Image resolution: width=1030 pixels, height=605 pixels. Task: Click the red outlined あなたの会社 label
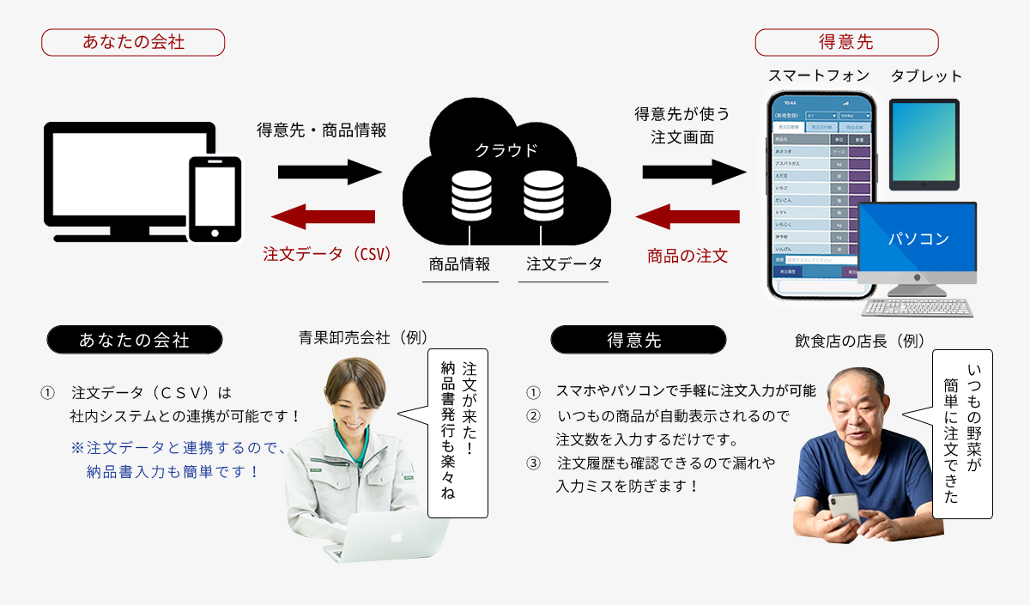pos(133,42)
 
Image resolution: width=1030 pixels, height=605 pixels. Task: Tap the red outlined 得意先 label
pos(845,42)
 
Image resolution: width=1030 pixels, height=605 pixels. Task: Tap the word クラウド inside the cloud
pos(506,151)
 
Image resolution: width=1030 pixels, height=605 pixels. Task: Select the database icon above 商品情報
pos(470,197)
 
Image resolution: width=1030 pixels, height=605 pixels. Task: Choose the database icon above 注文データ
pos(542,197)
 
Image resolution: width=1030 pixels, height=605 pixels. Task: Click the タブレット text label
pos(926,76)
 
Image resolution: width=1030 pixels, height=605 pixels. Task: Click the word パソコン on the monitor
pos(918,239)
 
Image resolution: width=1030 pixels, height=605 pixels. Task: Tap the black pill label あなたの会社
pos(134,340)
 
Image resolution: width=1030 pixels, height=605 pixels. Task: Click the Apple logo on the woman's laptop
pos(397,536)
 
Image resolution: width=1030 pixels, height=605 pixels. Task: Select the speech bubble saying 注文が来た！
pos(457,433)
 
